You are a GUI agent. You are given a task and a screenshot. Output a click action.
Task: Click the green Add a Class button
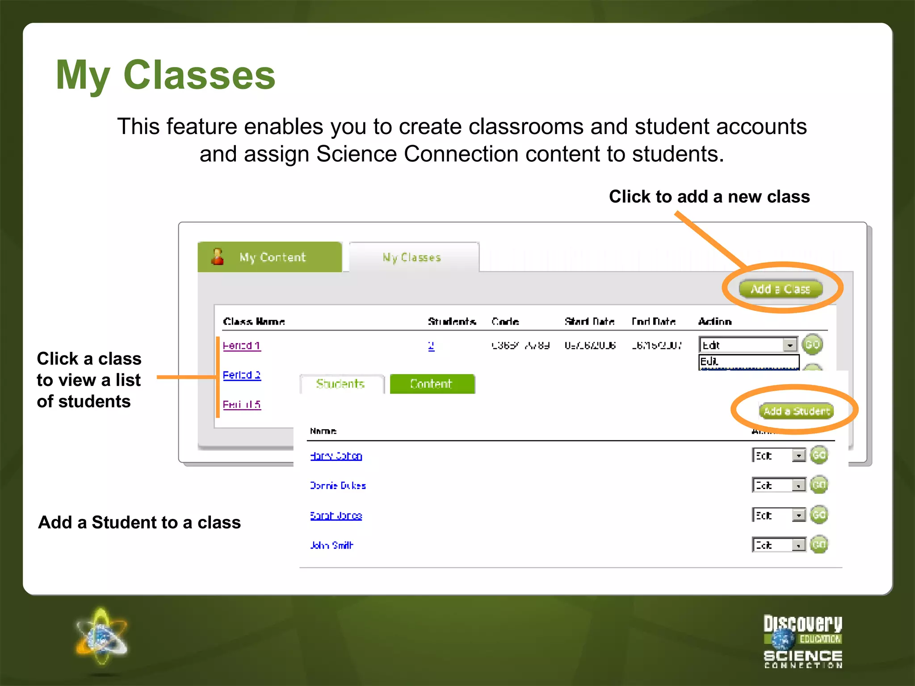point(780,289)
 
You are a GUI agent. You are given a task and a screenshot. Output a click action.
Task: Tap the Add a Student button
point(796,411)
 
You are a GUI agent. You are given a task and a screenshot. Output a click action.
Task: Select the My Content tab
point(270,257)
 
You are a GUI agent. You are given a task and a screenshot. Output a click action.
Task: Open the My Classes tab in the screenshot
point(412,257)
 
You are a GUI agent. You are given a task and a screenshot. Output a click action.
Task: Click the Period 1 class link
point(242,345)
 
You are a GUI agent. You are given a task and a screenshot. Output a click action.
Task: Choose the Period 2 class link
point(242,375)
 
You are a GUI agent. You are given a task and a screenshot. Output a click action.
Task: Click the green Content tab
point(432,384)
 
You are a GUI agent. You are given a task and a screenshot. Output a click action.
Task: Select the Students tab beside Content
point(341,384)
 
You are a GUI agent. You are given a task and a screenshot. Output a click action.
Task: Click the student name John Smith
point(332,545)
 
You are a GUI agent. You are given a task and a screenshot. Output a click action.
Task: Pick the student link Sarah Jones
point(336,515)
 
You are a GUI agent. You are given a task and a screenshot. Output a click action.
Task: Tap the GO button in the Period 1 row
point(812,344)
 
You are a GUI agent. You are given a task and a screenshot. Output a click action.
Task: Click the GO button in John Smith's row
point(818,544)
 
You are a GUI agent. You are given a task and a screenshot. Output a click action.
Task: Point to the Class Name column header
point(254,321)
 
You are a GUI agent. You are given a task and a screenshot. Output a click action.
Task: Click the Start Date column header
point(589,321)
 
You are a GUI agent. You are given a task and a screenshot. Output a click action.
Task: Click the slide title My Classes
point(166,75)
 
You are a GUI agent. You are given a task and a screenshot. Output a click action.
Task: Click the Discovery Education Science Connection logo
point(802,641)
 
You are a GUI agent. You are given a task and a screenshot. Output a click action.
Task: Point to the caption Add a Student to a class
point(139,522)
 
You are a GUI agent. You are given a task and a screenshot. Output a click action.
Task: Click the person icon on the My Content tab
point(218,257)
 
